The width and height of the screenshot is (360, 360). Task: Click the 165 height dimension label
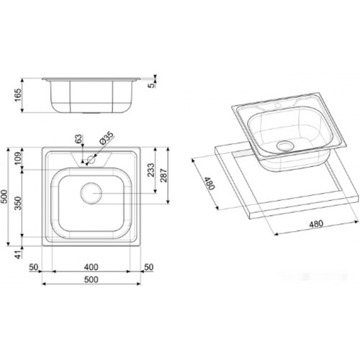click(18, 95)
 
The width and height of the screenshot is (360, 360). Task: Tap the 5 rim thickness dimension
click(152, 85)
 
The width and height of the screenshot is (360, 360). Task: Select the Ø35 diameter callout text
click(106, 138)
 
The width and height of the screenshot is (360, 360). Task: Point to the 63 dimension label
click(78, 139)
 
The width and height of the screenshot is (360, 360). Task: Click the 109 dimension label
click(18, 158)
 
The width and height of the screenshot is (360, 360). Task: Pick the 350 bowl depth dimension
click(18, 203)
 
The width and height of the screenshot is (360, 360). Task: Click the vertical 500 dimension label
click(4, 197)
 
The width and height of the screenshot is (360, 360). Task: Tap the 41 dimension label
click(18, 254)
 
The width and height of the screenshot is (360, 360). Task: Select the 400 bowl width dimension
click(91, 267)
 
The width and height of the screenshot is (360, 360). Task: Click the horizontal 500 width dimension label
click(91, 279)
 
